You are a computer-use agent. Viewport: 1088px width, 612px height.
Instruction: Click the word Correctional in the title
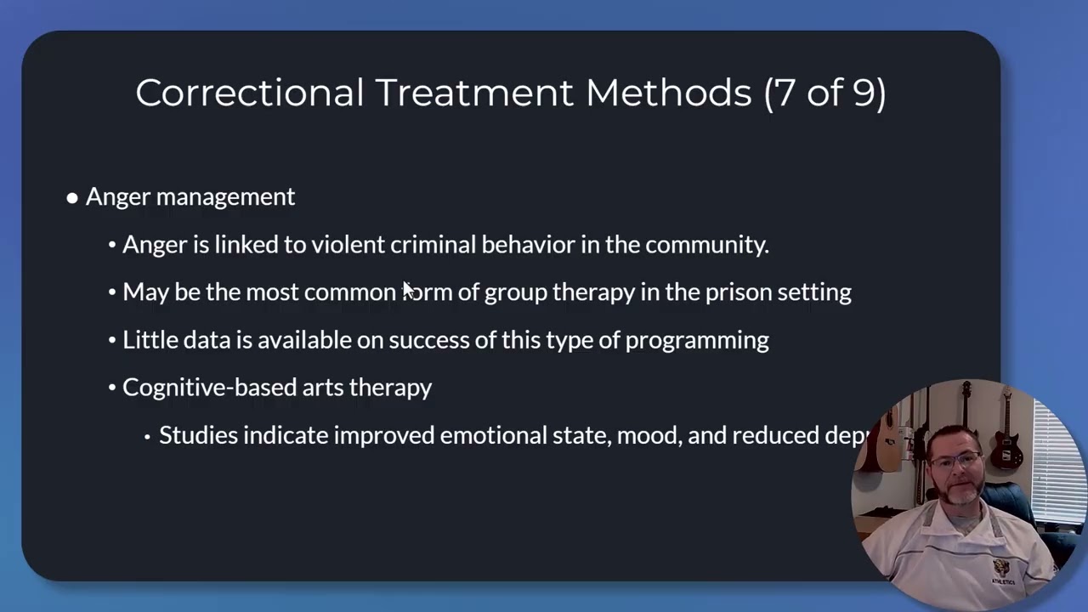[249, 93]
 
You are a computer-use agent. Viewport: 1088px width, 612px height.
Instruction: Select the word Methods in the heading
[668, 93]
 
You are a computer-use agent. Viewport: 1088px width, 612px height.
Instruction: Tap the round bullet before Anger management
[72, 198]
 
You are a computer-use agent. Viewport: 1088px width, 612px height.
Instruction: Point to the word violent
[348, 245]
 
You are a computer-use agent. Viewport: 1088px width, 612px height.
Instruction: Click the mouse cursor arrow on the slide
[408, 290]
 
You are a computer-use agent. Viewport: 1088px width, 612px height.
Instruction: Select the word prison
[726, 292]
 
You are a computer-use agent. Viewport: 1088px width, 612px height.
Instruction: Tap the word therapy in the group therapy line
[593, 292]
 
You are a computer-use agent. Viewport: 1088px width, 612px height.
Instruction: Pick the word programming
[697, 341]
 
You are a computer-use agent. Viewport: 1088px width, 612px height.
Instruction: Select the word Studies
[198, 435]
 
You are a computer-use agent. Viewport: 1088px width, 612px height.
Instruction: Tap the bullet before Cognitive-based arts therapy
[112, 388]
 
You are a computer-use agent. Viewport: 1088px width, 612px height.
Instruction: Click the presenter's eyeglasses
[956, 463]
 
